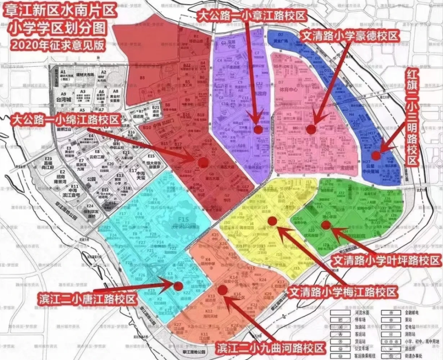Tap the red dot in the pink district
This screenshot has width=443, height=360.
[311, 129]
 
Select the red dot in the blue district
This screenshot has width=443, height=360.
[376, 155]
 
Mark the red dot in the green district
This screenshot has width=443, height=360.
[326, 225]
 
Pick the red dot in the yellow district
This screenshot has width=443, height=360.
[273, 221]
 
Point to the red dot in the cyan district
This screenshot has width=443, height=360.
[178, 286]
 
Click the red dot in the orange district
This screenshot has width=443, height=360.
[223, 290]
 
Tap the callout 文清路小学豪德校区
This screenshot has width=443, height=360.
[350, 36]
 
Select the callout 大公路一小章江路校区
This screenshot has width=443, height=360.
[252, 16]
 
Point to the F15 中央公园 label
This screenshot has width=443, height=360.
[180, 222]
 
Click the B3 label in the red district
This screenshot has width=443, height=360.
[142, 78]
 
